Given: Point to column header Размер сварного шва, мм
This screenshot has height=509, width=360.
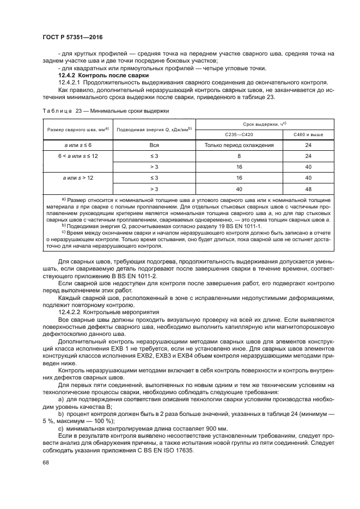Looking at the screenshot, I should [75, 129].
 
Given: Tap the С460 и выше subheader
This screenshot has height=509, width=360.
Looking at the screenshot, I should [307, 134].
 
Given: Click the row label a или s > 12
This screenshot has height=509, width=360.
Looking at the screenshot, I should [75, 177].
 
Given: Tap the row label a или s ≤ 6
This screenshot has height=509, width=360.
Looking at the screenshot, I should [75, 145].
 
